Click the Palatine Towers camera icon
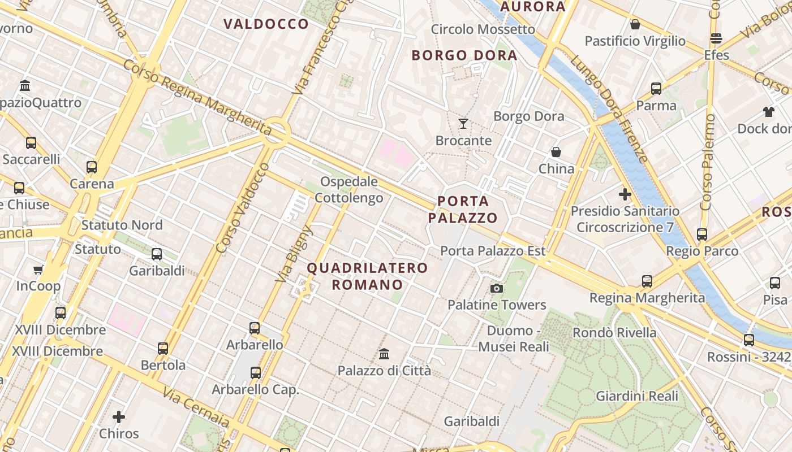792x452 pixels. pos(497,289)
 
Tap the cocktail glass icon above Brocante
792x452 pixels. pos(463,123)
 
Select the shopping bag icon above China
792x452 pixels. pos(556,152)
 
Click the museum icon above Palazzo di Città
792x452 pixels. pos(384,354)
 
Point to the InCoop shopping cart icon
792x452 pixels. pos(38,270)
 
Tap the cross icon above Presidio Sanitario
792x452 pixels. pos(625,194)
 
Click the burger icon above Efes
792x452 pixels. pos(716,38)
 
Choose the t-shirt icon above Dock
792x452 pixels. pos(768,111)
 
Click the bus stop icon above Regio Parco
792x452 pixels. pos(702,234)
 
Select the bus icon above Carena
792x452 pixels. pos(92,167)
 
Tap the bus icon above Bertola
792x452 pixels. pos(163,348)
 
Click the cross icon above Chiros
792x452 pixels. pos(119,417)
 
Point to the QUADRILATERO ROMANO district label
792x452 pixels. pos(367,276)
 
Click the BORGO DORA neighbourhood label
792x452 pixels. pos(464,55)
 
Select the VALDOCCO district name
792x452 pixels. pos(266,24)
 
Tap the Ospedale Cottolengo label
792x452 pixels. pos(349,190)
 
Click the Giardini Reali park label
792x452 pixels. pos(636,396)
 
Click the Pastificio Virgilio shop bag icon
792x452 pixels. pos(635,25)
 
